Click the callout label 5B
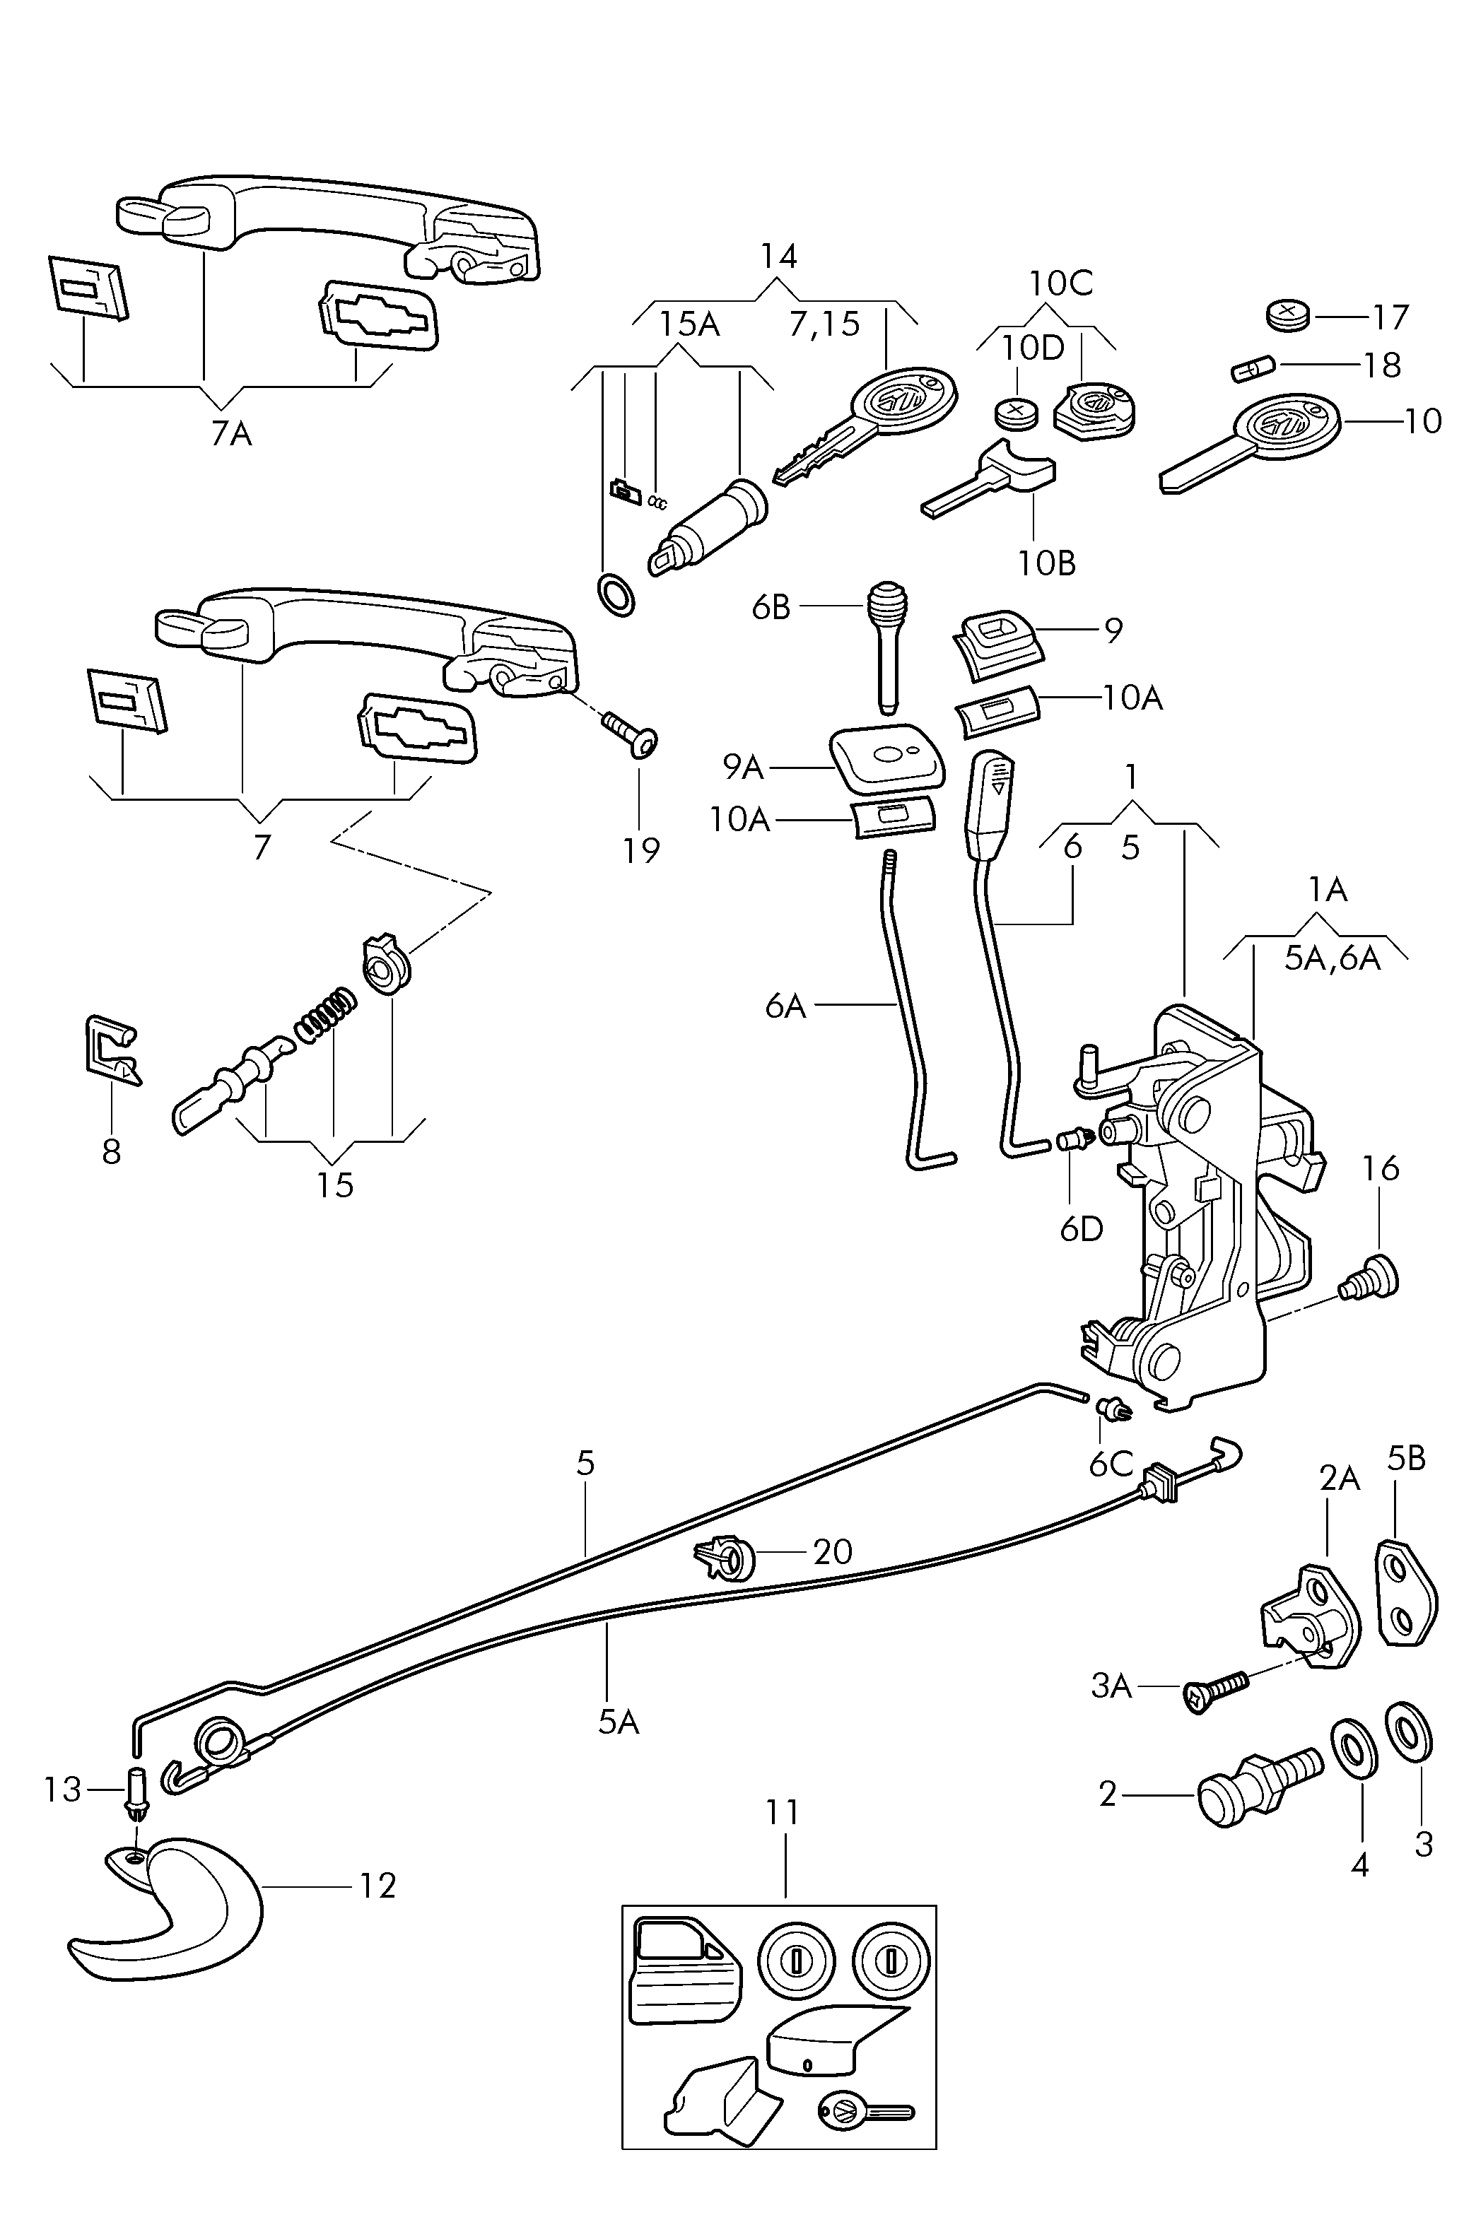1406,1459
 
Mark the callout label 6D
1081,1229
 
